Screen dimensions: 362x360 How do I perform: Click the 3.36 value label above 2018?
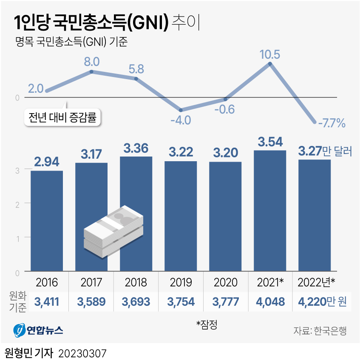pos(136,148)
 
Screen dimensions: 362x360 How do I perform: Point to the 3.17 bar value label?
pos(91,154)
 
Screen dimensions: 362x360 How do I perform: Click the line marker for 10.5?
pos(270,64)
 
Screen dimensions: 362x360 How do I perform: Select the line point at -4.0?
pos(181,110)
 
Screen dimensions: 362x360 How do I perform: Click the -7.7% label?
pos(331,124)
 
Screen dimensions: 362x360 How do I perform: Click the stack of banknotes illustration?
pos(113,232)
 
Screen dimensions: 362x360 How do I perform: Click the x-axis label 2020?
pos(225,282)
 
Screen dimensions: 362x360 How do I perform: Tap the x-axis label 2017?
pos(91,282)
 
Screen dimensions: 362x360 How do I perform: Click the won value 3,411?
pos(47,302)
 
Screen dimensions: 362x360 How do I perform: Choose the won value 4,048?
pos(270,302)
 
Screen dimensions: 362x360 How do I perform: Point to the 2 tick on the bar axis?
pos(17,203)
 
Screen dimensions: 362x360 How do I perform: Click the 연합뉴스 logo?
pos(38,329)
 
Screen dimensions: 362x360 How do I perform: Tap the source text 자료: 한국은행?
pos(320,331)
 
